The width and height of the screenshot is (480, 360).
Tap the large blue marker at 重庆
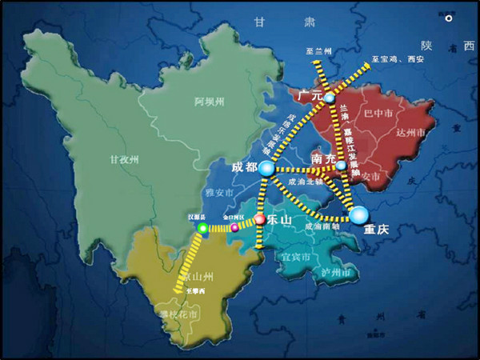coord(358,214)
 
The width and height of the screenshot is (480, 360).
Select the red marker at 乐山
coord(259,218)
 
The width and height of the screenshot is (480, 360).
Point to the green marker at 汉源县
coord(202,229)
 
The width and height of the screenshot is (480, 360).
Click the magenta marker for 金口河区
coord(234,228)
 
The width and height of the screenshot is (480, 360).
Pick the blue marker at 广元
coord(329,98)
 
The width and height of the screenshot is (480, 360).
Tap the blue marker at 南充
coord(341,166)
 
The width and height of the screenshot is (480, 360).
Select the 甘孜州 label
coord(124,159)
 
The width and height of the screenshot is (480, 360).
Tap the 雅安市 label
coord(218,193)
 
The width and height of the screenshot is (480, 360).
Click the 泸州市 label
coord(334,274)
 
